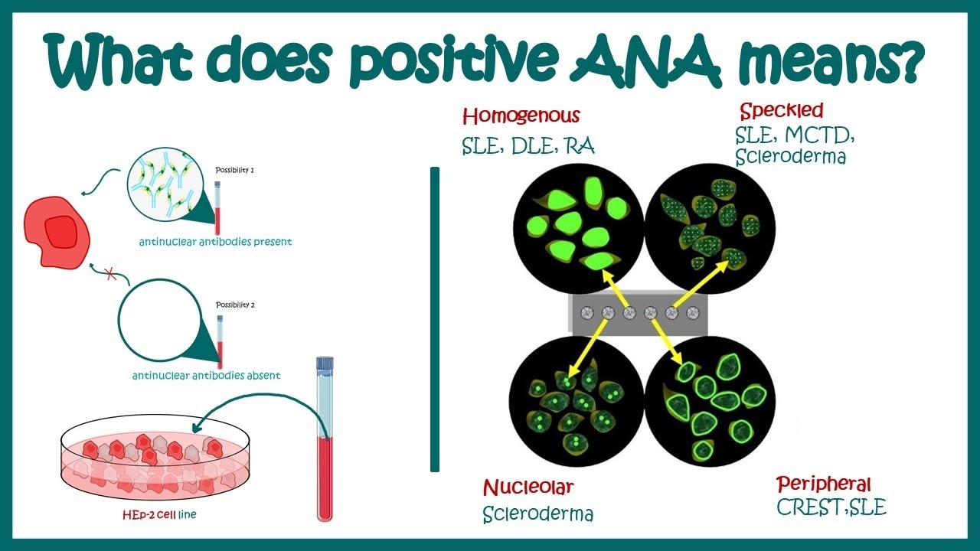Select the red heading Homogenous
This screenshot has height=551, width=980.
click(521, 116)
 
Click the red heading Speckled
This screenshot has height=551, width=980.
click(781, 110)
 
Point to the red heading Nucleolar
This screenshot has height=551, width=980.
click(528, 487)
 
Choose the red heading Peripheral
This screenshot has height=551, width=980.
click(824, 484)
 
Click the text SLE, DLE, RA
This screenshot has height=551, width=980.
click(528, 145)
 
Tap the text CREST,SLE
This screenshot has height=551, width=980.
click(831, 507)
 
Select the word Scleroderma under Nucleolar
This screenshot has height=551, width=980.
click(537, 514)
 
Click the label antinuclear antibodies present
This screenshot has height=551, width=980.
click(215, 242)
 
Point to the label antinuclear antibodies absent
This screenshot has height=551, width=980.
click(206, 376)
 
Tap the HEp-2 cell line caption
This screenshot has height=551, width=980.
click(159, 514)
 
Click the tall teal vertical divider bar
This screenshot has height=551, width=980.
click(435, 319)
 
